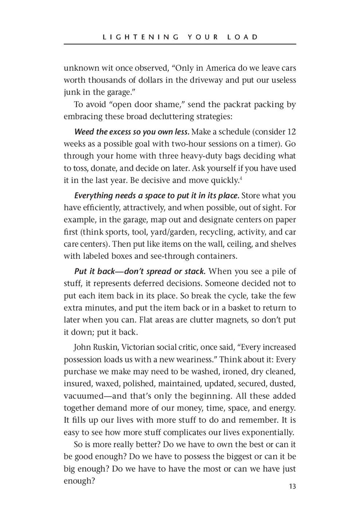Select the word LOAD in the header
tap(243, 36)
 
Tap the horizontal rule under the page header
tap(180, 44)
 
